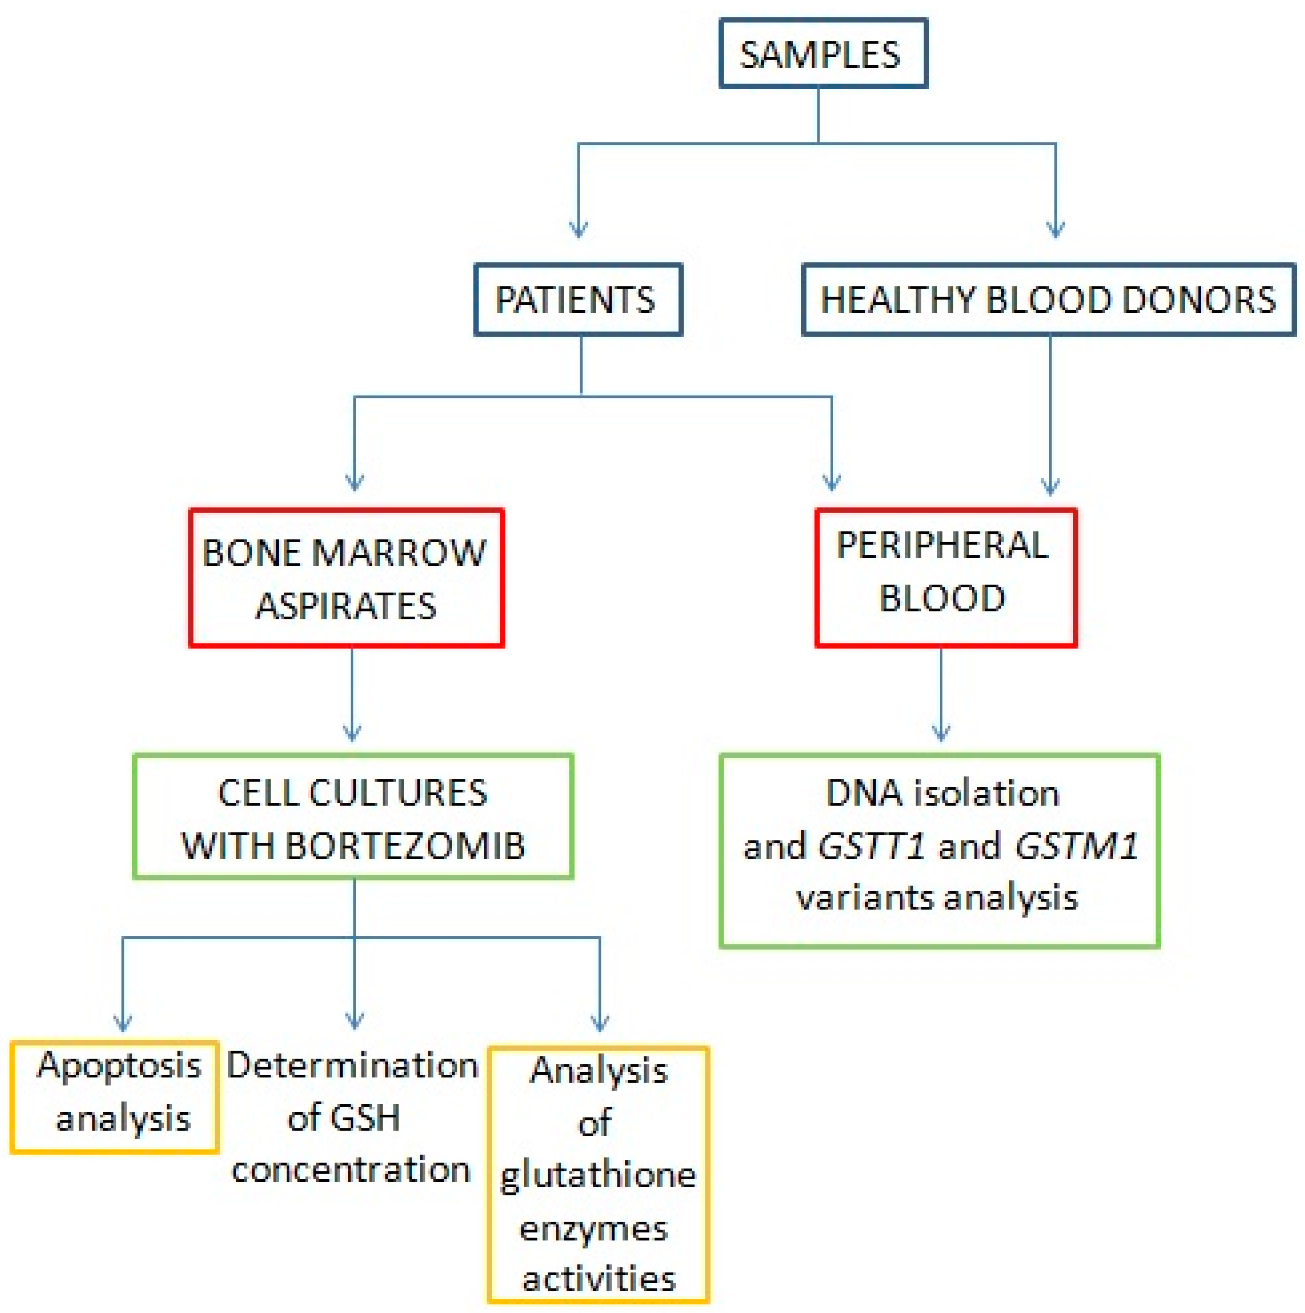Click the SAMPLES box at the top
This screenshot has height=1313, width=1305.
click(823, 55)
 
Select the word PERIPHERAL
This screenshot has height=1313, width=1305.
click(943, 545)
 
